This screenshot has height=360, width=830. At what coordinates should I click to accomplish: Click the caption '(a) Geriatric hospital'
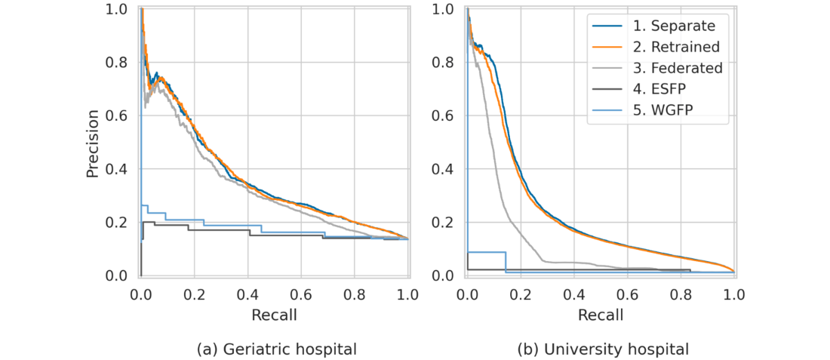point(276,349)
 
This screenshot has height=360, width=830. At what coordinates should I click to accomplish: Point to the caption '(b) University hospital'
point(603,349)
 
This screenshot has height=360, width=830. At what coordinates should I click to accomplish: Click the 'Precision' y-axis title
point(93,143)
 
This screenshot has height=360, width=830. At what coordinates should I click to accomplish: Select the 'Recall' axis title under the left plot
point(275,314)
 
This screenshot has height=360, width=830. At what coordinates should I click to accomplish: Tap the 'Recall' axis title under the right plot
point(601,314)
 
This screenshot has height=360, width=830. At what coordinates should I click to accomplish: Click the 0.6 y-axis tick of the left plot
point(117,115)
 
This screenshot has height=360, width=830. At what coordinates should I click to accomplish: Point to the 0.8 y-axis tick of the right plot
point(444,62)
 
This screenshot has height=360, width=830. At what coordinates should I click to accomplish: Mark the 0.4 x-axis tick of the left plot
point(248,292)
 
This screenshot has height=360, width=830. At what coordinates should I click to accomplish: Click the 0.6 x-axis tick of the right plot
point(628,292)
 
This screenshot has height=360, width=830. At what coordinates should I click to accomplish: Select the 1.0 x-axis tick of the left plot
point(408,292)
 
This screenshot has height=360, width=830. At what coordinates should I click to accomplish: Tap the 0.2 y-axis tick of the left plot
point(117,223)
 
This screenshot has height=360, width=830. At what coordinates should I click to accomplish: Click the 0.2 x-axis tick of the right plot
point(521,292)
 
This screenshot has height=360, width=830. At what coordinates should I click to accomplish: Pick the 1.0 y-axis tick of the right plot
point(444,9)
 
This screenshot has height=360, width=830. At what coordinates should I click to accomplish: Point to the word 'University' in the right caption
point(578,349)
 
